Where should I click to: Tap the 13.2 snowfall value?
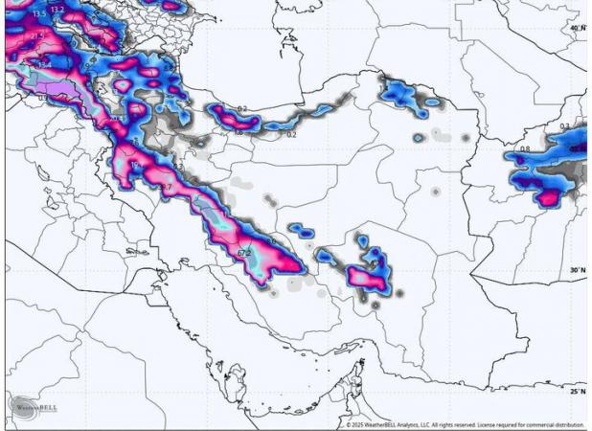(57, 9)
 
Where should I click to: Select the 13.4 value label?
(44, 64)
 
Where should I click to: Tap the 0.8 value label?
(525, 149)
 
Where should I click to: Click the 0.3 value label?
(564, 125)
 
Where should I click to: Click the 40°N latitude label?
(577, 28)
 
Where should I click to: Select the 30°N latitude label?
(577, 270)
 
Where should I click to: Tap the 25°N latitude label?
(577, 391)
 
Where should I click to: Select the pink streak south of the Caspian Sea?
(235, 120)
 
